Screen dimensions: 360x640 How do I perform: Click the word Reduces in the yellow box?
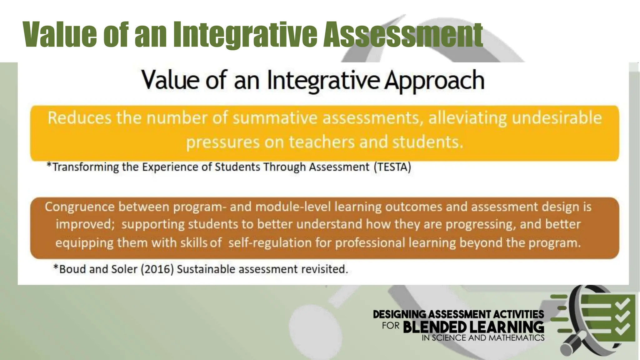coord(79,118)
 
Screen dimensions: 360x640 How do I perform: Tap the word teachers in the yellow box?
coord(322,142)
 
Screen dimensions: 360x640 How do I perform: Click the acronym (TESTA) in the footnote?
coord(392,167)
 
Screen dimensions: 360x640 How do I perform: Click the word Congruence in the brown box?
coord(80,207)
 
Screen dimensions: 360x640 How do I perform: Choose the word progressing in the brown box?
coord(480,224)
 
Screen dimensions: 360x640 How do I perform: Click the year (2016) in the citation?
coord(157,269)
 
